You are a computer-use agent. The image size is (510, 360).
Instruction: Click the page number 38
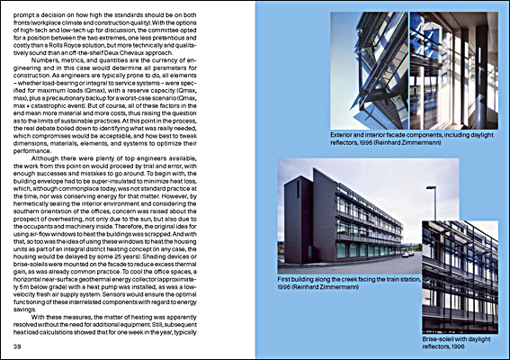point(18,346)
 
